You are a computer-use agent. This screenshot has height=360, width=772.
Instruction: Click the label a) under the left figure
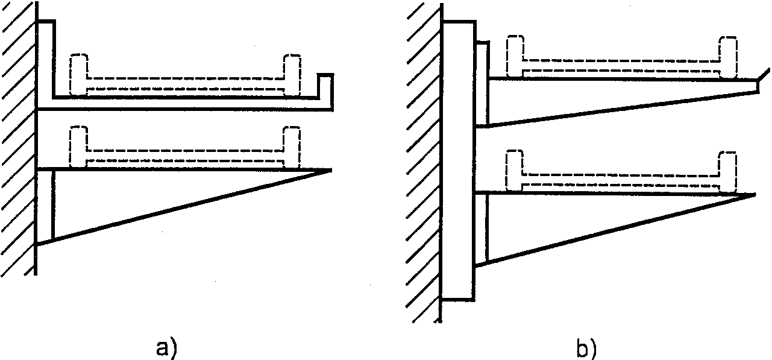tap(166, 348)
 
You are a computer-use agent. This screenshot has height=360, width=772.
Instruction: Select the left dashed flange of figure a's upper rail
tap(79, 74)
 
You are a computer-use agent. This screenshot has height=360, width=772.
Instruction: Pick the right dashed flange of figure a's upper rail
tap(292, 74)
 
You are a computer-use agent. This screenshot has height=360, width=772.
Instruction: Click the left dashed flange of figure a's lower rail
tap(79, 147)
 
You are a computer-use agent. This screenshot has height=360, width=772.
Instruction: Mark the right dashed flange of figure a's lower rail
tap(292, 147)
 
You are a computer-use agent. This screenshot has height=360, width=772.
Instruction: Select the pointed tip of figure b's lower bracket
tap(753, 194)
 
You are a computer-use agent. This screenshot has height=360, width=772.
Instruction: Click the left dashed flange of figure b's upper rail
tap(514, 57)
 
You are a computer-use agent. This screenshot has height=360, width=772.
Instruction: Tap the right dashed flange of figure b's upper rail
tap(728, 57)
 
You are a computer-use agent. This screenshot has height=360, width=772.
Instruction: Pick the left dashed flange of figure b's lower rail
tap(514, 169)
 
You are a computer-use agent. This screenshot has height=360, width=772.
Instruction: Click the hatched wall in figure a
tap(18, 139)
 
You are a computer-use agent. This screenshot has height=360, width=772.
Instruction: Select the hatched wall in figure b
tap(423, 163)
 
